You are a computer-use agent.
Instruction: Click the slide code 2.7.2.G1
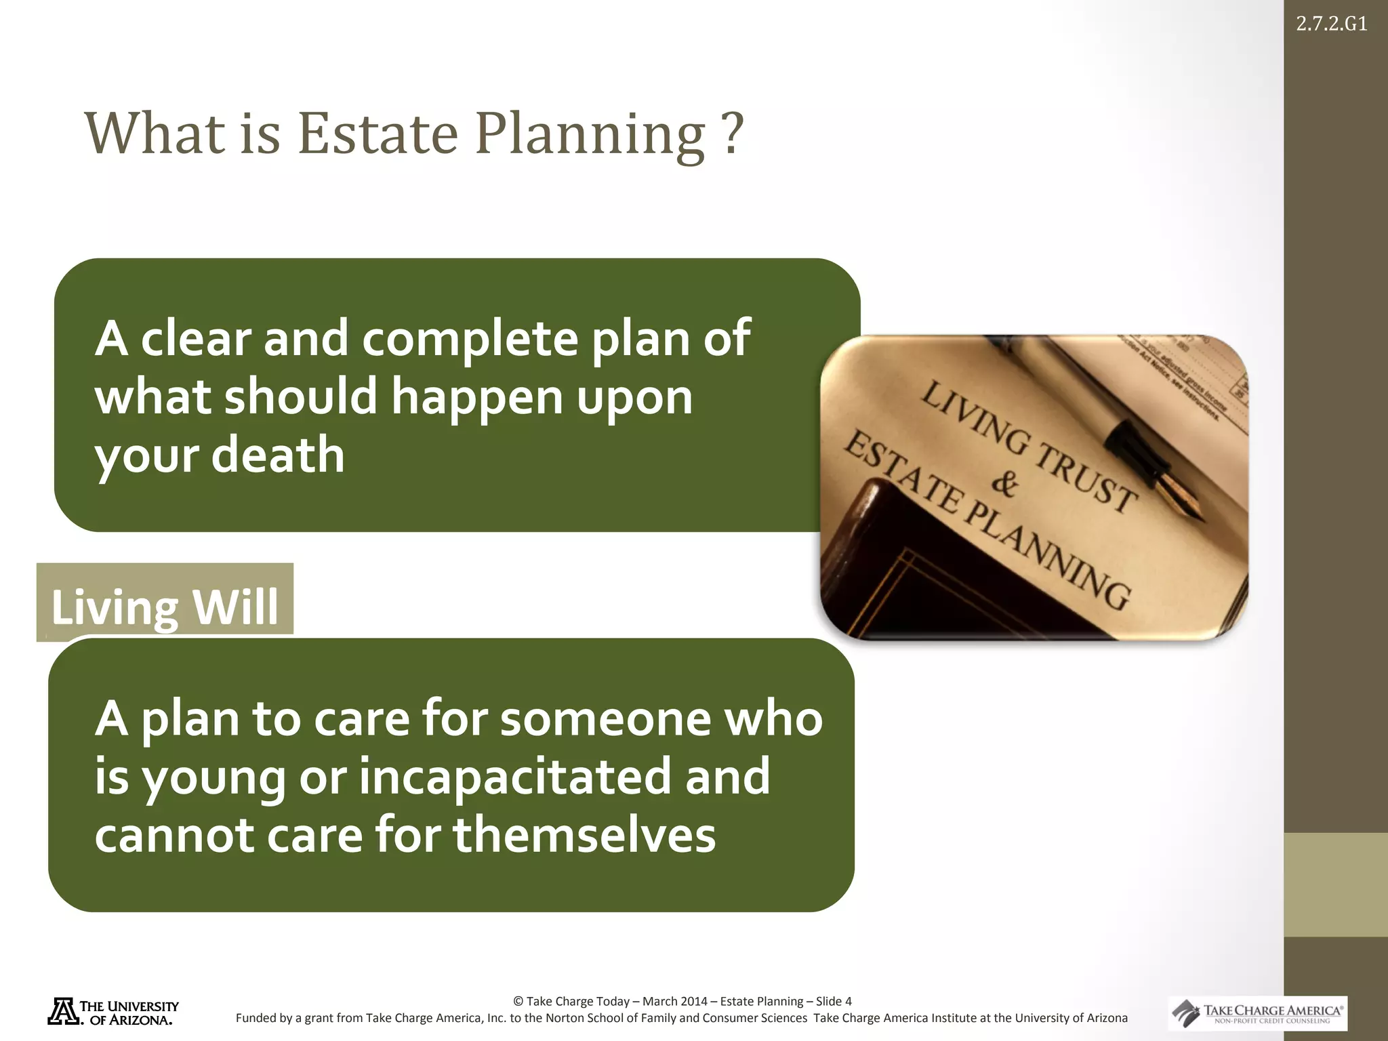click(x=1331, y=24)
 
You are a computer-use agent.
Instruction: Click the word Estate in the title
click(x=378, y=134)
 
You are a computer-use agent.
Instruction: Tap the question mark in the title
click(x=732, y=134)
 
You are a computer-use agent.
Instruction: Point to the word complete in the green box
click(x=470, y=338)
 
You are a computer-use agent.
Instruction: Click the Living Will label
click(x=165, y=606)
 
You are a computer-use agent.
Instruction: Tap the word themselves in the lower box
click(x=584, y=835)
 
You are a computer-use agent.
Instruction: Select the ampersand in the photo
click(x=1004, y=483)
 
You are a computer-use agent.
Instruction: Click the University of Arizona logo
click(x=113, y=1012)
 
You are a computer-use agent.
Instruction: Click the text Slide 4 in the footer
click(x=834, y=1001)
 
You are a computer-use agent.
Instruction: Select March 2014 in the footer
click(x=674, y=1001)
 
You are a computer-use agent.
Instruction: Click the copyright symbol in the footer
click(x=518, y=1001)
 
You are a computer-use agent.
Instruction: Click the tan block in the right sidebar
click(x=1335, y=884)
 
